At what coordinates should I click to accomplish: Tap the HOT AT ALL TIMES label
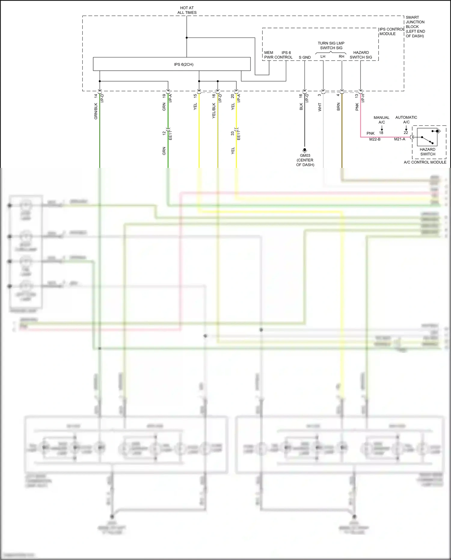[187, 10]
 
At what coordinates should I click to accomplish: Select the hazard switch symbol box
[427, 137]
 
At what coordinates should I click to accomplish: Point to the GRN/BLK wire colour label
[96, 111]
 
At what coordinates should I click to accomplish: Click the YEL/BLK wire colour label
[214, 110]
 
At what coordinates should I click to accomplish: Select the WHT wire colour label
[320, 107]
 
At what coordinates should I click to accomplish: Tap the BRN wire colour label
[338, 107]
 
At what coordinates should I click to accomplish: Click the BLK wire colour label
[301, 107]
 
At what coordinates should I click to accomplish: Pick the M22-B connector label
[375, 139]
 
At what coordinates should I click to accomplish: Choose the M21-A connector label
[399, 139]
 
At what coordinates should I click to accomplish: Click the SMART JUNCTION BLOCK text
[415, 26]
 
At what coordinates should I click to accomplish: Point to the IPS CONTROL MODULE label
[391, 32]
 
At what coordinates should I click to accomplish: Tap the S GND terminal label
[305, 57]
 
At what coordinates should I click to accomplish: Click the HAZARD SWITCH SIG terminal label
[361, 55]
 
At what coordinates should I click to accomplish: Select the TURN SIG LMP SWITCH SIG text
[331, 45]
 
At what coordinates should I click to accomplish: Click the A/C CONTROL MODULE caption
[425, 162]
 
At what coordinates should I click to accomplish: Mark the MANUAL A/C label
[381, 120]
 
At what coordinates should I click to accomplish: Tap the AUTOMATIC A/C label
[406, 119]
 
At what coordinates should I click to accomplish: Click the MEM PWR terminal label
[268, 55]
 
